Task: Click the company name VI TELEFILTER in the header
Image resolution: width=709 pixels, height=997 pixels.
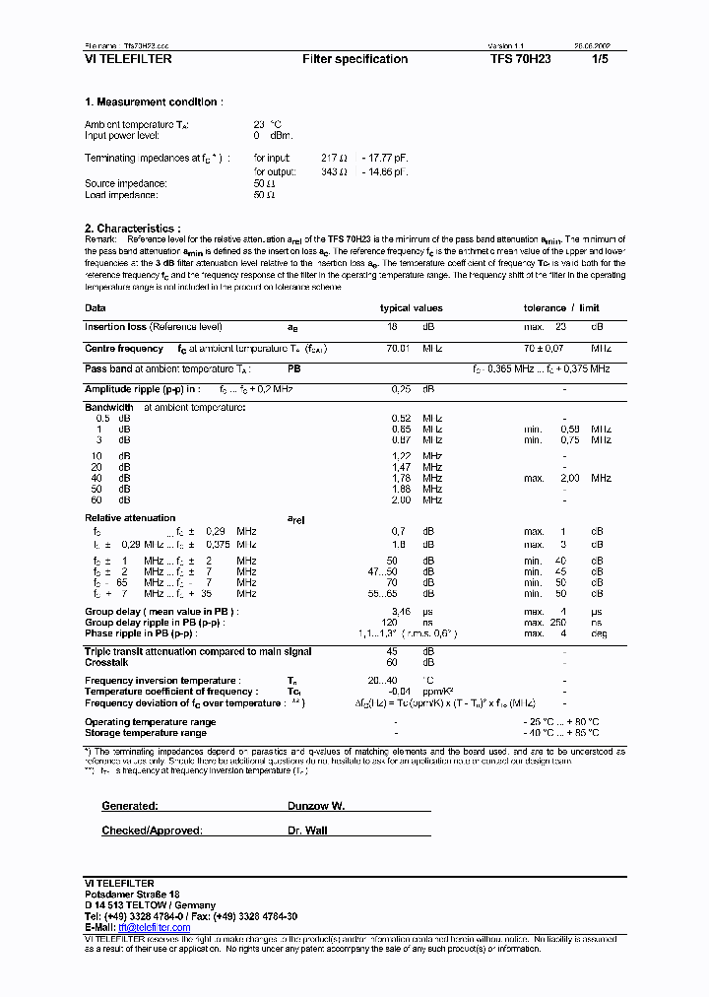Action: pos(128,59)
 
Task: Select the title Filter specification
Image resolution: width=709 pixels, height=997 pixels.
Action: pos(354,59)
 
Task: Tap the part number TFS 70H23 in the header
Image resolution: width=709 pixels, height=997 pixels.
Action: pos(522,59)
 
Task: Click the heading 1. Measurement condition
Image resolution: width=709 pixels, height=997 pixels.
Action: pos(154,101)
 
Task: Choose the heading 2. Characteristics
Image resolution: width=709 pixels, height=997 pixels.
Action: pos(133,229)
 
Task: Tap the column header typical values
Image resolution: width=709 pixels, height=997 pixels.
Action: pos(412,308)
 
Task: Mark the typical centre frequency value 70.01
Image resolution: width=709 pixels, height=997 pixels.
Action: pos(398,349)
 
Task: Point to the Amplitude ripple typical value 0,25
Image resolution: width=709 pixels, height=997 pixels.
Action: pos(401,389)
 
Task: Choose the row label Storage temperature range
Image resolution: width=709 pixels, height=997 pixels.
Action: pos(146,733)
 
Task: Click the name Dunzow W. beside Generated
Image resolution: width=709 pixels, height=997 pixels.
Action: pos(316,806)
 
